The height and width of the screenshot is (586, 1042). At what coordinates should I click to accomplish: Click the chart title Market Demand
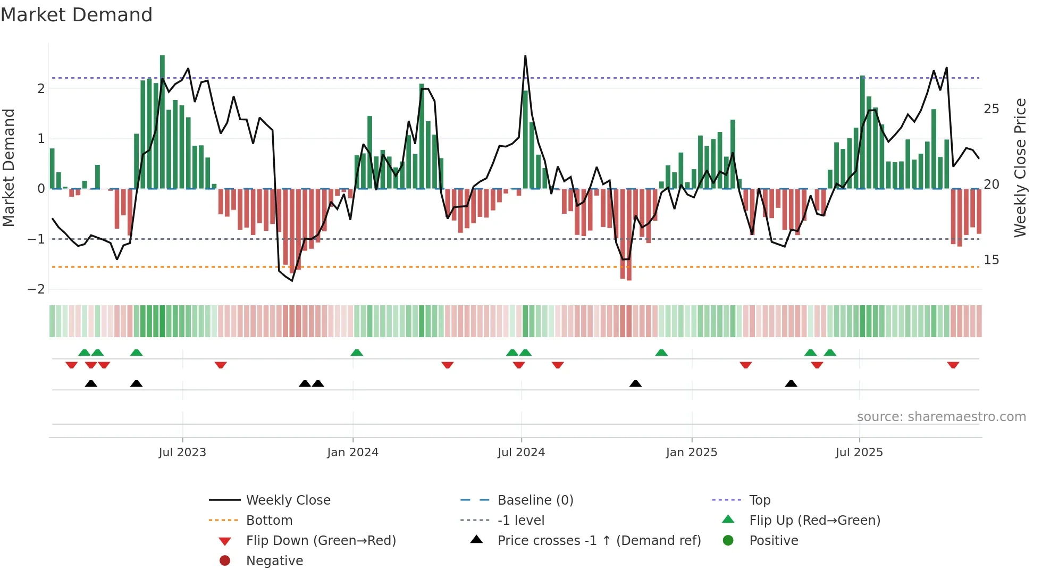click(x=77, y=15)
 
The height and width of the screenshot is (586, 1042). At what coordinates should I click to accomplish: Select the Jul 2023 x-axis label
click(x=182, y=453)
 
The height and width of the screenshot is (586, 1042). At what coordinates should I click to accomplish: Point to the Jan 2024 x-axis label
click(x=352, y=453)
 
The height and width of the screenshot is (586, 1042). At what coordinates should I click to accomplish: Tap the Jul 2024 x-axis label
click(x=521, y=453)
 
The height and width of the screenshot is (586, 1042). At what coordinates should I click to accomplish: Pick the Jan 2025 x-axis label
click(x=691, y=453)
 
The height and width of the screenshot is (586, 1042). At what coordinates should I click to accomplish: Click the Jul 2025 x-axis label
click(x=859, y=453)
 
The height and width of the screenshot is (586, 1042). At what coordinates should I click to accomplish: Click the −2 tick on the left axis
click(x=36, y=289)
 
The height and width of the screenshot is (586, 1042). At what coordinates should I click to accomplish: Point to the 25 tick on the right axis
click(x=991, y=109)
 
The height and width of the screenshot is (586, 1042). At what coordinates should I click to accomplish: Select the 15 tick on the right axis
click(x=991, y=260)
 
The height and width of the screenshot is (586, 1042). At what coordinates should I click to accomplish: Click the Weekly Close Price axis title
click(x=1020, y=168)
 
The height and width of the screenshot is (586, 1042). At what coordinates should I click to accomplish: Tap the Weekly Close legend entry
click(x=288, y=500)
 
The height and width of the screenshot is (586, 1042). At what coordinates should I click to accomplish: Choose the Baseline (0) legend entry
click(x=535, y=500)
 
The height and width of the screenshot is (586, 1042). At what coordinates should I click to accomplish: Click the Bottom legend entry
click(x=269, y=521)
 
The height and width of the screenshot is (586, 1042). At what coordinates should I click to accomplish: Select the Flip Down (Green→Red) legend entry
click(x=321, y=541)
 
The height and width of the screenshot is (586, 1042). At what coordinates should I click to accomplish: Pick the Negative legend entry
click(x=274, y=561)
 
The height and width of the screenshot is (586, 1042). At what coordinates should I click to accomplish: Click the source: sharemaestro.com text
click(x=941, y=417)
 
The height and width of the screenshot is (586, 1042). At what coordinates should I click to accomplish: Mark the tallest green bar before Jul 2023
click(x=162, y=122)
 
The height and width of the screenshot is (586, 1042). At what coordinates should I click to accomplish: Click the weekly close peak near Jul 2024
click(x=525, y=56)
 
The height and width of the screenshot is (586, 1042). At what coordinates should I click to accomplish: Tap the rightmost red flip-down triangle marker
click(x=953, y=365)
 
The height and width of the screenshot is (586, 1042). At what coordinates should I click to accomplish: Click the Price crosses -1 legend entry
click(x=599, y=541)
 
